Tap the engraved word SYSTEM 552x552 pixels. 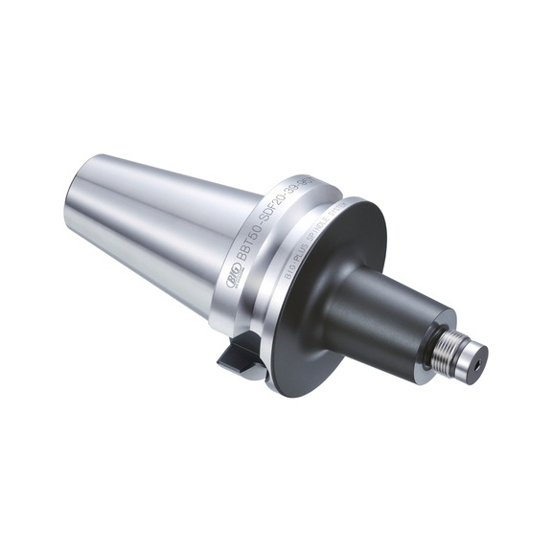pyautogui.click(x=332, y=217)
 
